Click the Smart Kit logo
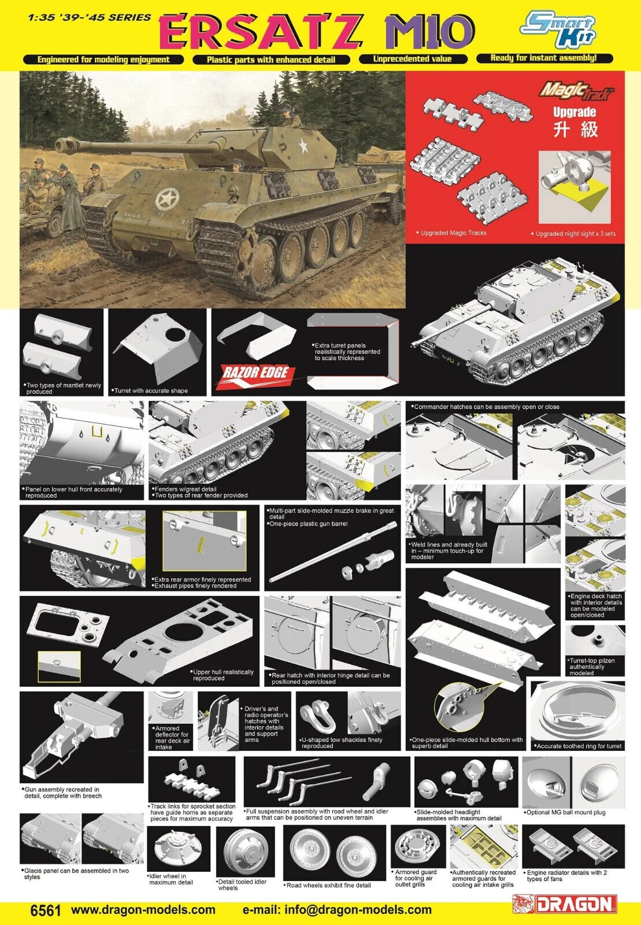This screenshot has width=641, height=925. (558, 29)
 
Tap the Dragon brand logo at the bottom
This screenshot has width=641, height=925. (565, 904)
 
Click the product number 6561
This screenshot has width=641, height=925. (46, 911)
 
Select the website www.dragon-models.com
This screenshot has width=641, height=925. (143, 910)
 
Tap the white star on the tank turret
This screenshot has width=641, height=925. (303, 145)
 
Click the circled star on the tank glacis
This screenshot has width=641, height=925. (167, 199)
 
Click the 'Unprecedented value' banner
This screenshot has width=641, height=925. (412, 59)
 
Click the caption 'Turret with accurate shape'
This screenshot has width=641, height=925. (150, 391)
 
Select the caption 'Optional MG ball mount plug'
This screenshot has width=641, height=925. (565, 812)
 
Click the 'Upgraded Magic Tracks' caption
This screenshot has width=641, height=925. (451, 233)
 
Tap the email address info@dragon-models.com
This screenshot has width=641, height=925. (337, 910)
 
